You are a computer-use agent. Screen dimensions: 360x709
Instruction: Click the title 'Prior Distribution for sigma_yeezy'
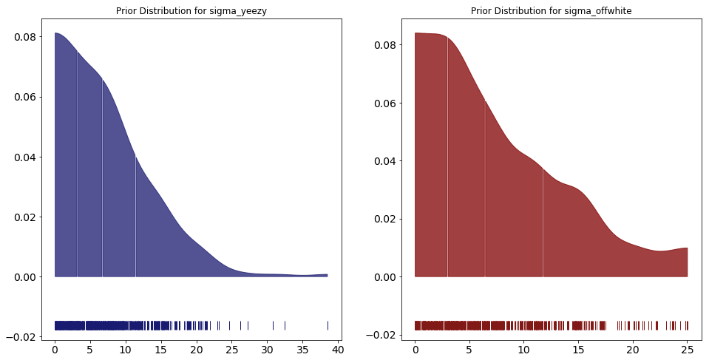point(191,11)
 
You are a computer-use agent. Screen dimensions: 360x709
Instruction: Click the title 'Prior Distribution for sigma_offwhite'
point(552,11)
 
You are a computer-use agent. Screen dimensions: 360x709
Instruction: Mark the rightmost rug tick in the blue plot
point(328,325)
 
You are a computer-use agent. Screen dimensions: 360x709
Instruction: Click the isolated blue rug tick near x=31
point(273,325)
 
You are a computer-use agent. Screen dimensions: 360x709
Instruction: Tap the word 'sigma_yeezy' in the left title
point(238,11)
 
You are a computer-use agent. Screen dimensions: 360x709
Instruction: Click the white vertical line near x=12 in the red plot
point(543,222)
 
